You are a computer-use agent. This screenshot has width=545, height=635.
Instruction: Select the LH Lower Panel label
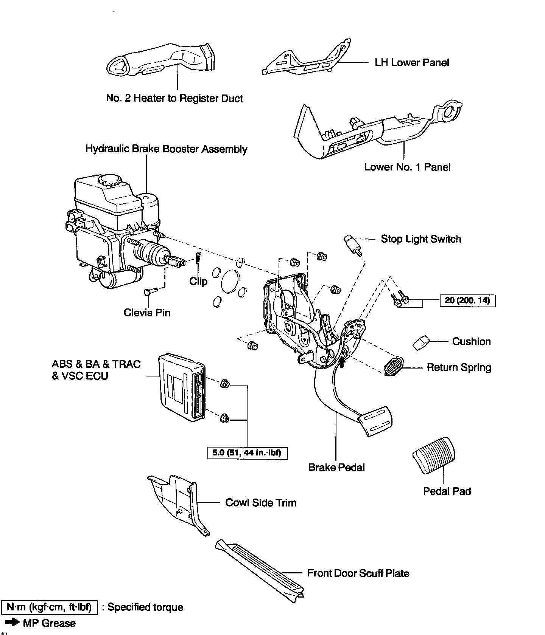click(412, 62)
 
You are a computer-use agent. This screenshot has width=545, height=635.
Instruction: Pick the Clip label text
click(198, 281)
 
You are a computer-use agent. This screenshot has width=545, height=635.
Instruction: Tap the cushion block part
click(420, 343)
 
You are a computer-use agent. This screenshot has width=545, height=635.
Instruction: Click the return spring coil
click(394, 366)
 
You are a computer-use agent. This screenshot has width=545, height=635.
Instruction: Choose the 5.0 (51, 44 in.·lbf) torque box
click(248, 452)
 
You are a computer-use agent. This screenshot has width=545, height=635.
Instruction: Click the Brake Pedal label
click(336, 468)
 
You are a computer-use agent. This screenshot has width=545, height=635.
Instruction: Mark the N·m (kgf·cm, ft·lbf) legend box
click(49, 607)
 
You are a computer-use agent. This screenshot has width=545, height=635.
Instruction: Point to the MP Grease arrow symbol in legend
click(11, 623)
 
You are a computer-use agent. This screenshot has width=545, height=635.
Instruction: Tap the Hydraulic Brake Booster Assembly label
click(166, 149)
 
